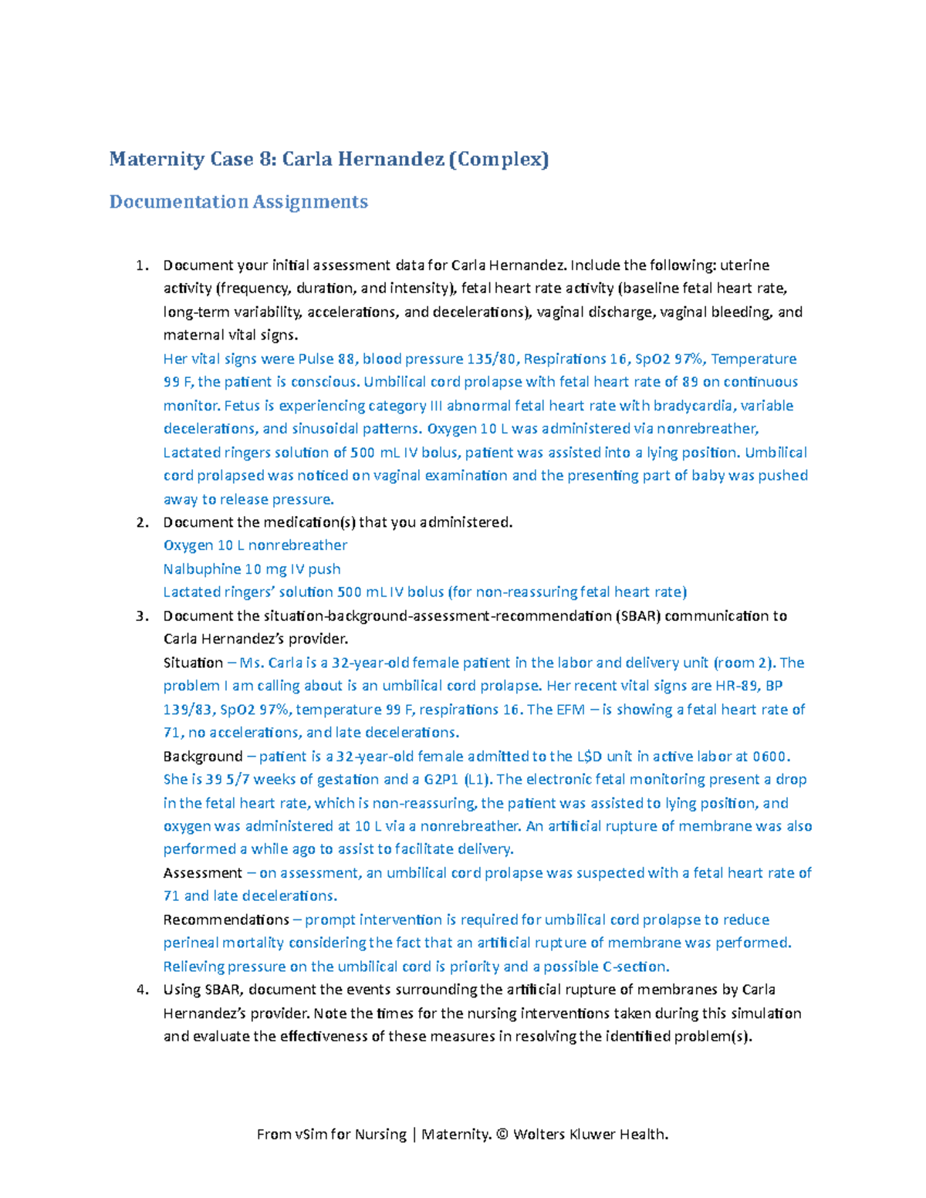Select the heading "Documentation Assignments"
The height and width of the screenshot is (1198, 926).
(x=238, y=202)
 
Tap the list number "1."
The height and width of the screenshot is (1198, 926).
(x=141, y=265)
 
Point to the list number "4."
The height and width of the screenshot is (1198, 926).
(x=141, y=990)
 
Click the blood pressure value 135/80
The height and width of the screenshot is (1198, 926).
(x=492, y=359)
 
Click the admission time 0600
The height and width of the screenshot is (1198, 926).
(x=771, y=757)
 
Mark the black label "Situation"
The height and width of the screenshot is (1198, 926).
(x=193, y=663)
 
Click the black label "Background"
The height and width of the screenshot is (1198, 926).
(x=203, y=757)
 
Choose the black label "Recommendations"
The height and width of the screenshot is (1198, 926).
(x=226, y=920)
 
